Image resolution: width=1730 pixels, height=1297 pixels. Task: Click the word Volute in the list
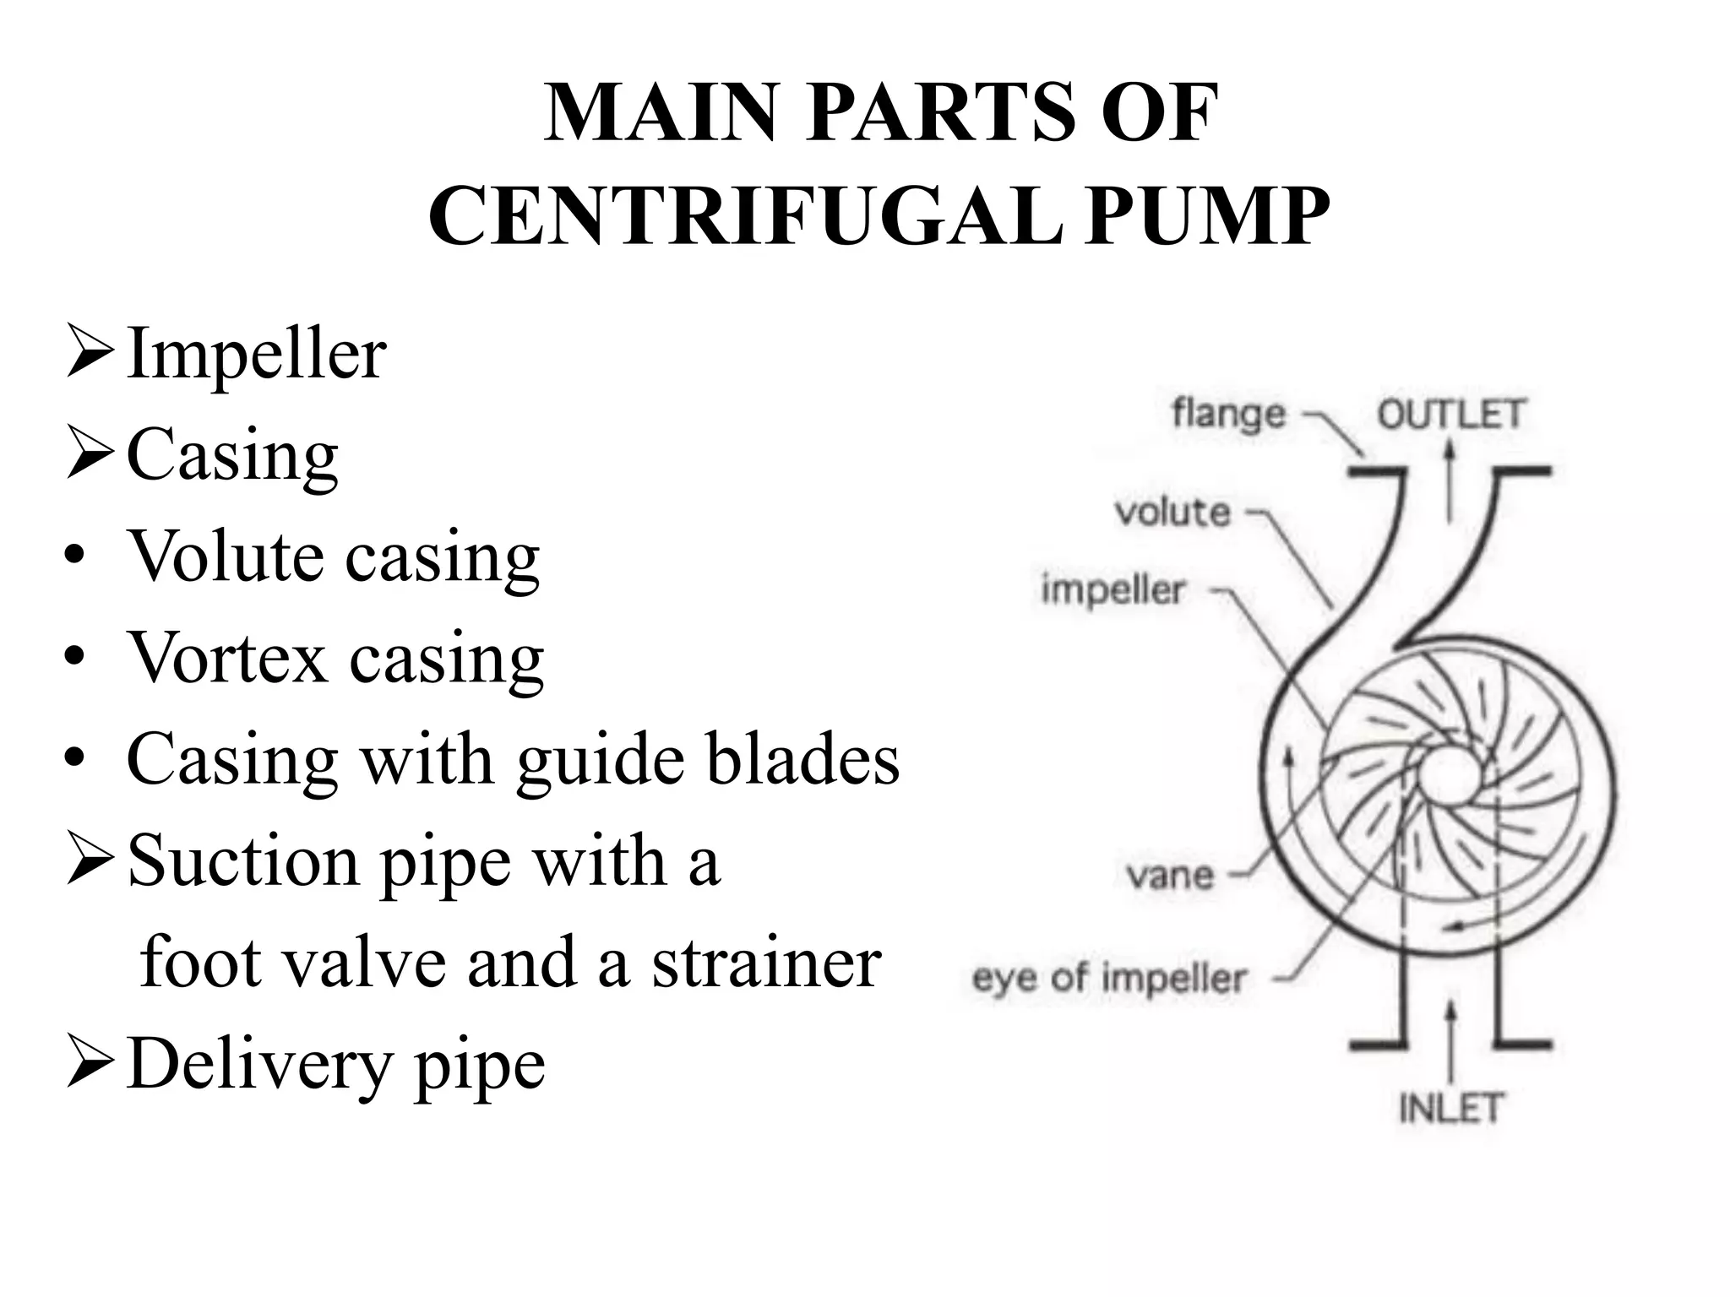[225, 556]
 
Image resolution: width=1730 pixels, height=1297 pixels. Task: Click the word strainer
[766, 963]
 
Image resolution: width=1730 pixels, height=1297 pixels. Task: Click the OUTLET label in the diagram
[1450, 415]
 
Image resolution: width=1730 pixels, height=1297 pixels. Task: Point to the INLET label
[1450, 1108]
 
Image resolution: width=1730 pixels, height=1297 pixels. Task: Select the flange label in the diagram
[1229, 414]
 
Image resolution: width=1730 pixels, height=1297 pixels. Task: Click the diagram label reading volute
[1172, 513]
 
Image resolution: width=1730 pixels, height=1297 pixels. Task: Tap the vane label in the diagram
[1170, 876]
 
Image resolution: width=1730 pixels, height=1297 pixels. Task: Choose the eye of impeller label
[1109, 979]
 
